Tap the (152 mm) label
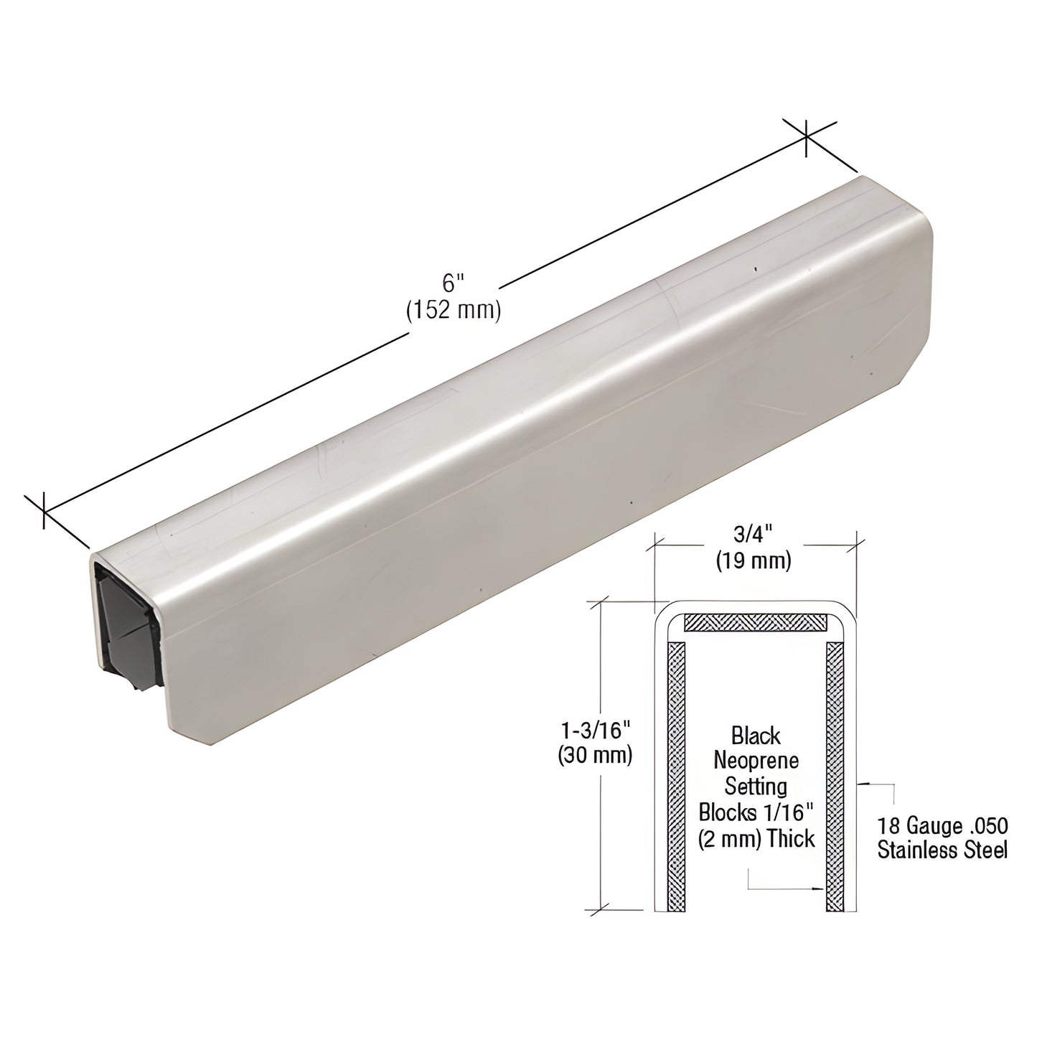452,311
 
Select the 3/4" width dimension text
754,535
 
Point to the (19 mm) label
754,560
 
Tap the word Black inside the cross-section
756,736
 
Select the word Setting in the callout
756,787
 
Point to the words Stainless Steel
942,850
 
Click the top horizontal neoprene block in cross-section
755,622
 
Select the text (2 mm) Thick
756,838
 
